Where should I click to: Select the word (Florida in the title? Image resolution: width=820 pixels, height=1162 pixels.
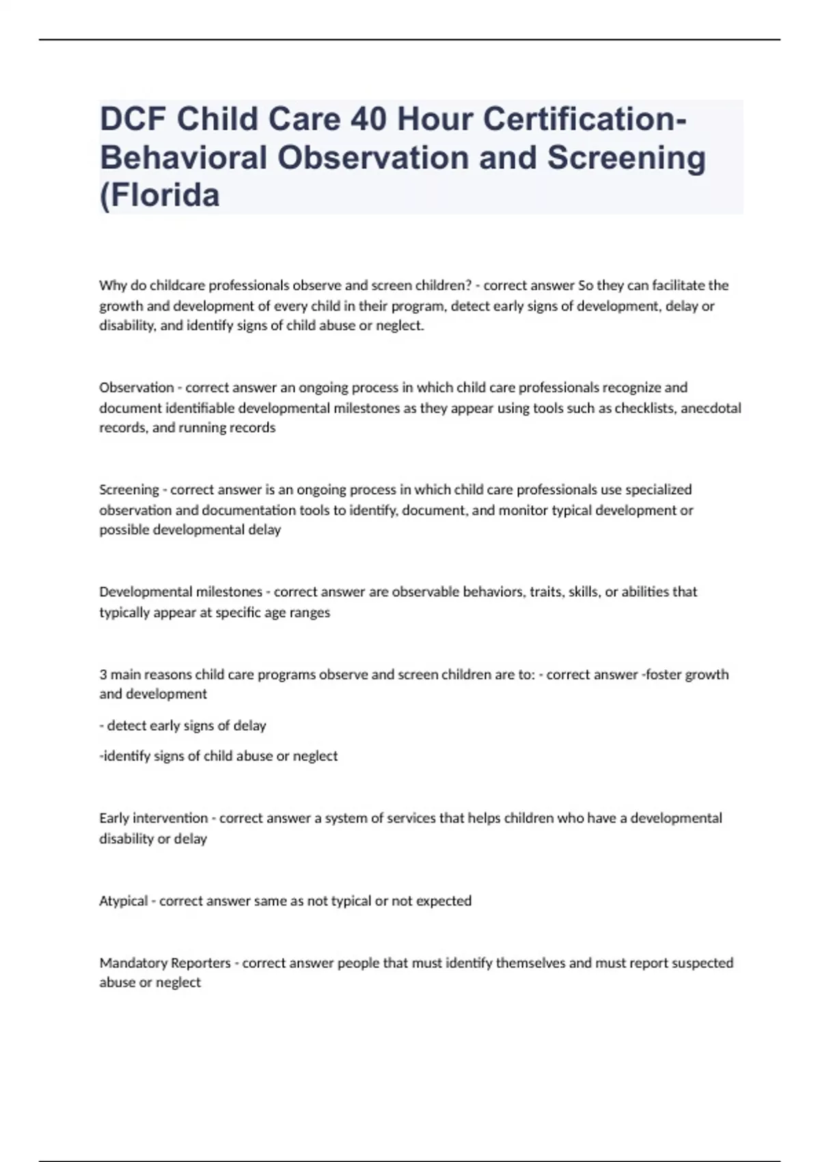(x=160, y=195)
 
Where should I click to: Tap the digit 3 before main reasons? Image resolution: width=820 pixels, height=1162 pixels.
(x=103, y=675)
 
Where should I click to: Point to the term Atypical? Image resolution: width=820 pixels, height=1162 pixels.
(x=124, y=901)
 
